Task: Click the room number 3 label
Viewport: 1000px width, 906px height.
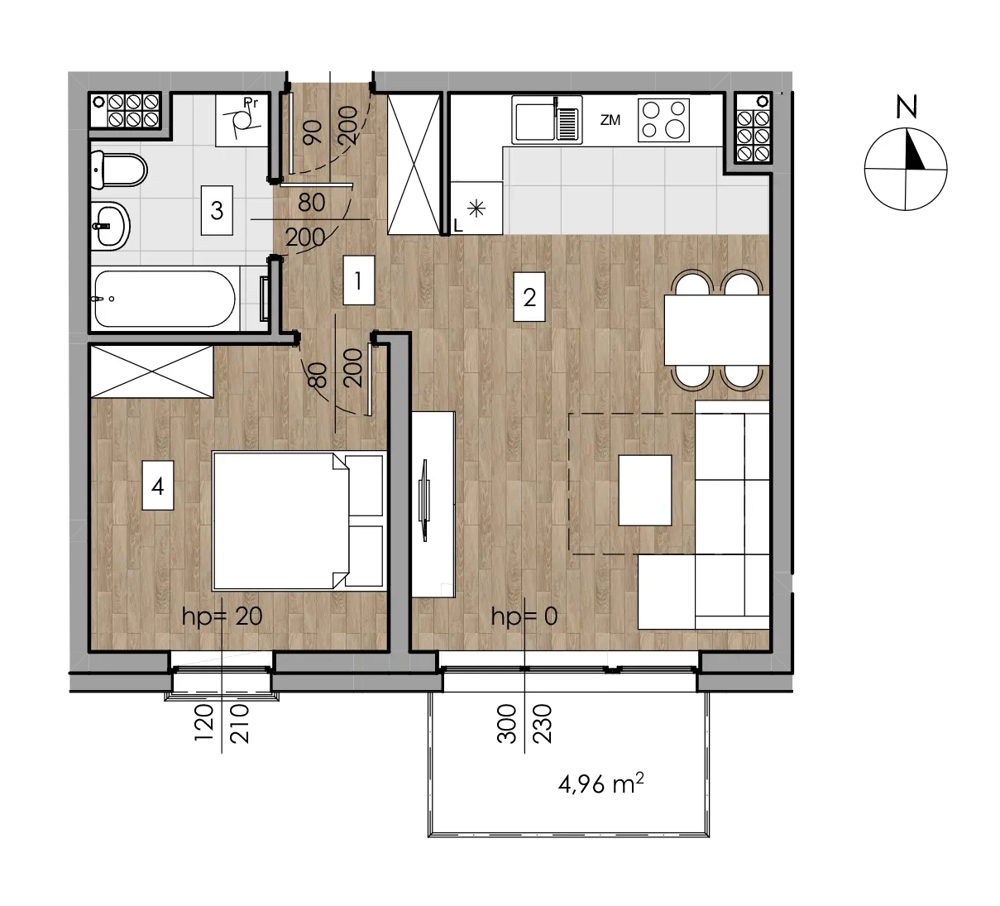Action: (217, 210)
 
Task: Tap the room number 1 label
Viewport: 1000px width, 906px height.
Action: (358, 280)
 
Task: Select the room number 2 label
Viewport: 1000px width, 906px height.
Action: (529, 297)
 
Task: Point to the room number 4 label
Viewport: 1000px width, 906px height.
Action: (157, 486)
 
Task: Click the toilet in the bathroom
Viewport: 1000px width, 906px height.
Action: (118, 170)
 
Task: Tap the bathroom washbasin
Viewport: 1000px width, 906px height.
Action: (111, 226)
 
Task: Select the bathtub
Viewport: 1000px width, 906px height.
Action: (165, 299)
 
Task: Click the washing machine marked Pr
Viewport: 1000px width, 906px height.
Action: (242, 120)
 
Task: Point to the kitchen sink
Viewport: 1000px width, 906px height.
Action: (547, 120)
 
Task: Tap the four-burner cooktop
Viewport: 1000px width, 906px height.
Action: (663, 120)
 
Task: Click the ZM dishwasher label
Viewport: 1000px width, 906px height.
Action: (610, 120)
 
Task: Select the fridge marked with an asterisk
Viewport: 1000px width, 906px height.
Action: (476, 208)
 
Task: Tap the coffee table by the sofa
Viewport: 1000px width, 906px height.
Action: (645, 491)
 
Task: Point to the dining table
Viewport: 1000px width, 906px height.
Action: (717, 330)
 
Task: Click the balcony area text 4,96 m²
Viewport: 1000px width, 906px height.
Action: (600, 784)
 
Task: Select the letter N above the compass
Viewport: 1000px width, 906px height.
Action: (907, 108)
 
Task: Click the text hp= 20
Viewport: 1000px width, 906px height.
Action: (222, 616)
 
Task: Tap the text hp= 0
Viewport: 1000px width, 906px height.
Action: (524, 616)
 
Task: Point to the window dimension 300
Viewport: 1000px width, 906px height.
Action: (506, 724)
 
